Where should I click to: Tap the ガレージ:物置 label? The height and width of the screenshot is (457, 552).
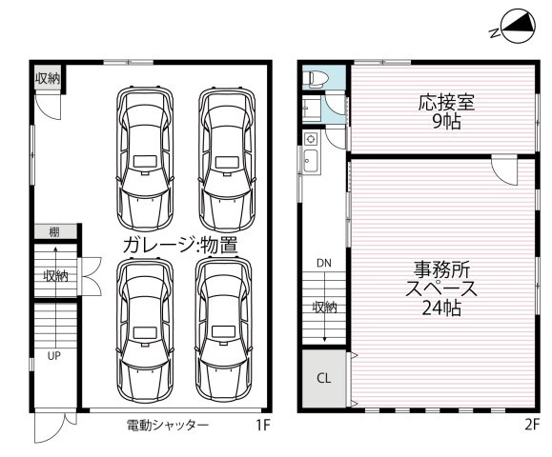179,245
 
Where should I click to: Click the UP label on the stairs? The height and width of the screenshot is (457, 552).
54,358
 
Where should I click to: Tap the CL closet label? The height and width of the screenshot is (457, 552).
323,378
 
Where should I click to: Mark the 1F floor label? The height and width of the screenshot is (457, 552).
260,425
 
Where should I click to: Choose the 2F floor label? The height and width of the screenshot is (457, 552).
530,425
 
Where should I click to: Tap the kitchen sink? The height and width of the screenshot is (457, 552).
311,160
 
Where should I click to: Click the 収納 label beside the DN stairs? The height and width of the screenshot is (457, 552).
323,307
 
